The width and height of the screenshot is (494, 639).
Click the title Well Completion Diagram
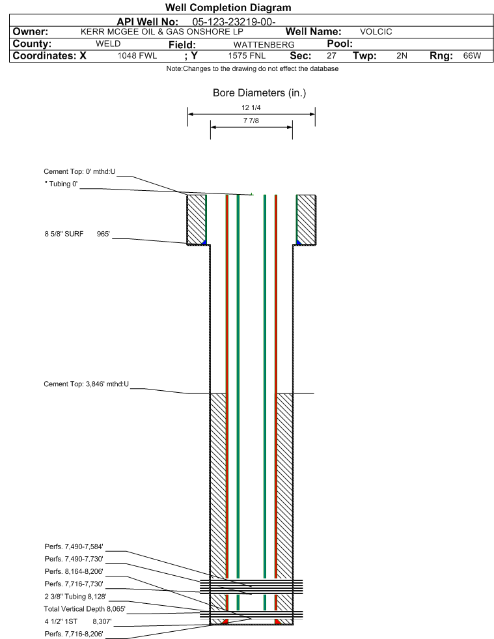(x=228, y=7)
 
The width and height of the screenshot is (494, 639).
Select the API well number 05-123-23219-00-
(x=234, y=22)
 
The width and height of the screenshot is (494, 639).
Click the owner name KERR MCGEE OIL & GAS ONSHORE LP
(x=161, y=32)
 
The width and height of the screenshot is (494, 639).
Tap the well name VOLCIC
(x=376, y=32)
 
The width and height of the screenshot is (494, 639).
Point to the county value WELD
(x=108, y=44)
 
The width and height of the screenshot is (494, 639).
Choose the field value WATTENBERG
(x=264, y=44)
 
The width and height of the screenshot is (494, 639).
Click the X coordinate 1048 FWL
(x=137, y=56)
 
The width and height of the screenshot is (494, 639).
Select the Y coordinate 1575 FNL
(x=247, y=56)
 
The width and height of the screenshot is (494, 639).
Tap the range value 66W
(x=472, y=56)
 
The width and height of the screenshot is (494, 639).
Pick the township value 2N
(x=402, y=56)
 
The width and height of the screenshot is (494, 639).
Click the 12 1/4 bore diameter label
(x=251, y=107)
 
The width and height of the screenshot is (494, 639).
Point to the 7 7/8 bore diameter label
(x=251, y=121)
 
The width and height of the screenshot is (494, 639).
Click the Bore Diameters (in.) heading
(x=259, y=93)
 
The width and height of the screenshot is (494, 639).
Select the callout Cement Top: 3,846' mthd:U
(x=87, y=384)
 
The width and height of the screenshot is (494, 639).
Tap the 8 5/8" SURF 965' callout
(x=77, y=234)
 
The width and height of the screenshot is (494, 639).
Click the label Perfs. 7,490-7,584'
(x=74, y=547)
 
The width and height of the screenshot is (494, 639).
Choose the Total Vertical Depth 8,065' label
(x=85, y=609)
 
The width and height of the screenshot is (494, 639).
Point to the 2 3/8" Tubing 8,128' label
(x=75, y=597)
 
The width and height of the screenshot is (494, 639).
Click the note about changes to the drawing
(x=252, y=68)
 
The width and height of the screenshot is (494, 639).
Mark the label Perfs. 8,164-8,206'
(x=74, y=571)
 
